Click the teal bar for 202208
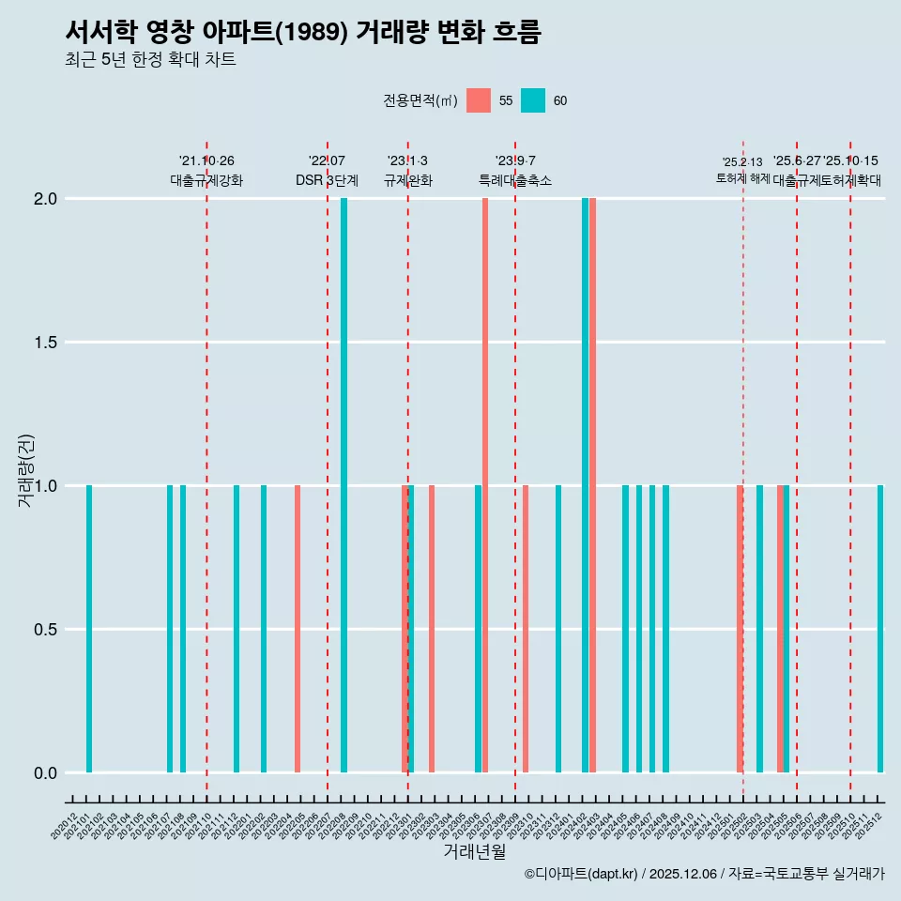344,485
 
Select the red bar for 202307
485,485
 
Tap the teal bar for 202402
585,485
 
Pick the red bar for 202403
593,485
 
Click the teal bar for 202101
89,629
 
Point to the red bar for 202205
298,629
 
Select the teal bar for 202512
880,629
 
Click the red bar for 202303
432,629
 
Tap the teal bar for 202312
558,629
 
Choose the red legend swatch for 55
479,100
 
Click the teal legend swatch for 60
533,100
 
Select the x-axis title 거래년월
475,852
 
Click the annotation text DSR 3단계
327,180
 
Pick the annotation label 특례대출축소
515,180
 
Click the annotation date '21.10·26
206,161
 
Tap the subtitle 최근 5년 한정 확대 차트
150,60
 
